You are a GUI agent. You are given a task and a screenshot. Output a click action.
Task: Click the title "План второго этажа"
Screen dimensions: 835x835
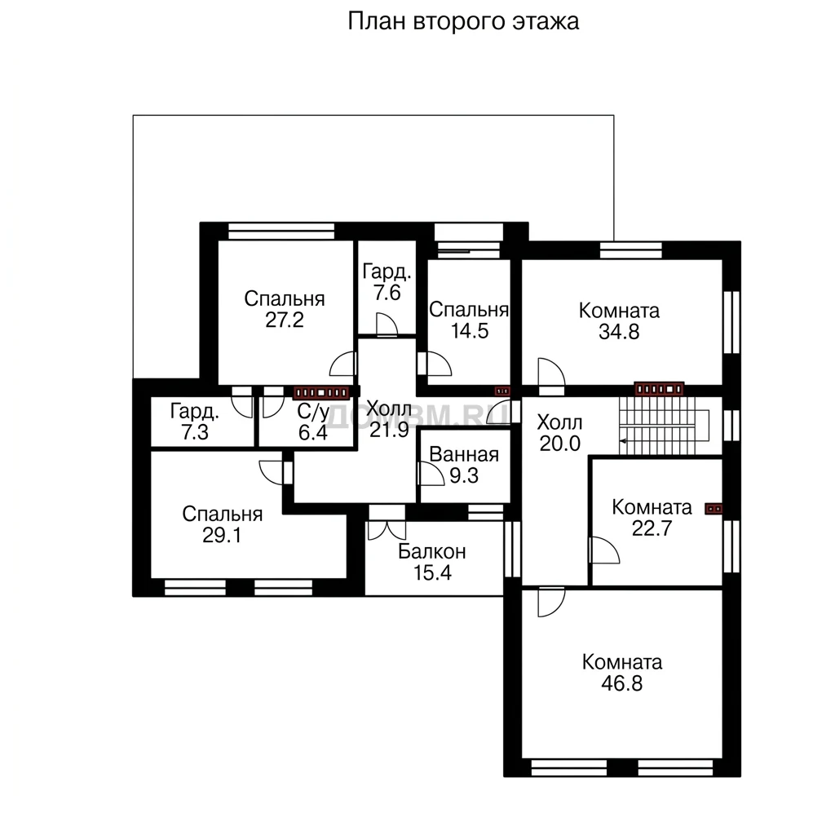pyautogui.click(x=463, y=22)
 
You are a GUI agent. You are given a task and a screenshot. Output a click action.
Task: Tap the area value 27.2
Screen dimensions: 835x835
pyautogui.click(x=285, y=320)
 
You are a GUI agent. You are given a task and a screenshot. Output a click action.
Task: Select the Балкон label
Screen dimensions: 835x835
pyautogui.click(x=432, y=552)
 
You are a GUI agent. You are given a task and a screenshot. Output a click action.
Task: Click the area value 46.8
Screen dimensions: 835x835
pyautogui.click(x=622, y=683)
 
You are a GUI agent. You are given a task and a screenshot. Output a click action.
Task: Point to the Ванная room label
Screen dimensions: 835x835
pyautogui.click(x=464, y=454)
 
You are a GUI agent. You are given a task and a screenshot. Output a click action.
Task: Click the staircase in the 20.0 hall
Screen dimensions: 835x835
pyautogui.click(x=664, y=426)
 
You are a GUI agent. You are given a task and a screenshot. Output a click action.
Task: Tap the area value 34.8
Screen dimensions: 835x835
pyautogui.click(x=619, y=332)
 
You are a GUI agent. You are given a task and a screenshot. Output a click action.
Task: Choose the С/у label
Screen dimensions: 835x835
pyautogui.click(x=313, y=411)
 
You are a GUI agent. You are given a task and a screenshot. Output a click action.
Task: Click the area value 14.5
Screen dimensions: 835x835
pyautogui.click(x=470, y=331)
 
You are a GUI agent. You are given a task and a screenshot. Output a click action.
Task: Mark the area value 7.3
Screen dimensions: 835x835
pyautogui.click(x=195, y=432)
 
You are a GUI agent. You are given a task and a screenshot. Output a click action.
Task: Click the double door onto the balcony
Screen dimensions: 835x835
pyautogui.click(x=387, y=523)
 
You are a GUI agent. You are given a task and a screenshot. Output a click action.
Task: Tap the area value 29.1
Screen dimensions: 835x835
pyautogui.click(x=222, y=535)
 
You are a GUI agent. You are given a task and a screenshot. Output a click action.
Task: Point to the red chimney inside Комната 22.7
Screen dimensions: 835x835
pyautogui.click(x=714, y=509)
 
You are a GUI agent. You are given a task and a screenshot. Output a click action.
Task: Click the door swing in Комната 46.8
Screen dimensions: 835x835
pyautogui.click(x=550, y=602)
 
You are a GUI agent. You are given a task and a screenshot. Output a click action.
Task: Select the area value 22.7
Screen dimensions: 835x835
pyautogui.click(x=652, y=528)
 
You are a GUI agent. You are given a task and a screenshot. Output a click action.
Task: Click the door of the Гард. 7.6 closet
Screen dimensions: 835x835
pyautogui.click(x=387, y=325)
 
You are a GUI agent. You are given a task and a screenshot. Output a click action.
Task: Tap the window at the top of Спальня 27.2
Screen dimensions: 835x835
pyautogui.click(x=281, y=231)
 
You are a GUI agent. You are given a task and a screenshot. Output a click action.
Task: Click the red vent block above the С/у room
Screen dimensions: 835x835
pyautogui.click(x=321, y=393)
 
